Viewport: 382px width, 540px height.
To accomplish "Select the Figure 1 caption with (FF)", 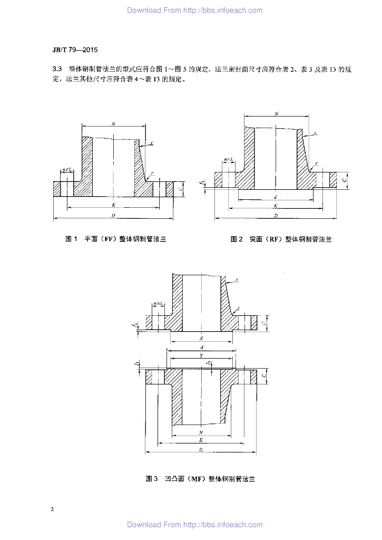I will coord(115,239).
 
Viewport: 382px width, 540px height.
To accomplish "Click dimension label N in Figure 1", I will coord(113,123).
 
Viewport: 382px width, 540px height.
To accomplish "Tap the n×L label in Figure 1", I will coord(67,169).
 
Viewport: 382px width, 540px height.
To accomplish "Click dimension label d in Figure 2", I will coord(276,196).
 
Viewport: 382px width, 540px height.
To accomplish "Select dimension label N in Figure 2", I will coord(276,113).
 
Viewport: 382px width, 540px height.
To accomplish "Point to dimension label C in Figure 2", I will coord(344,179).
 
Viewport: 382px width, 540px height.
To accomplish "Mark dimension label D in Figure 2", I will coord(276,215).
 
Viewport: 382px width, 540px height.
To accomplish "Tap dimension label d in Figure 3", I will coord(201,348).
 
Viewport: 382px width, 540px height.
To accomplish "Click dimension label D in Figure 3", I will coord(201,449).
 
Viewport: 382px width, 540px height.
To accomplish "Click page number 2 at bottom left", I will coord(52,510).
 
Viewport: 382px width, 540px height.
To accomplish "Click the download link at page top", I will coord(194,10).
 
